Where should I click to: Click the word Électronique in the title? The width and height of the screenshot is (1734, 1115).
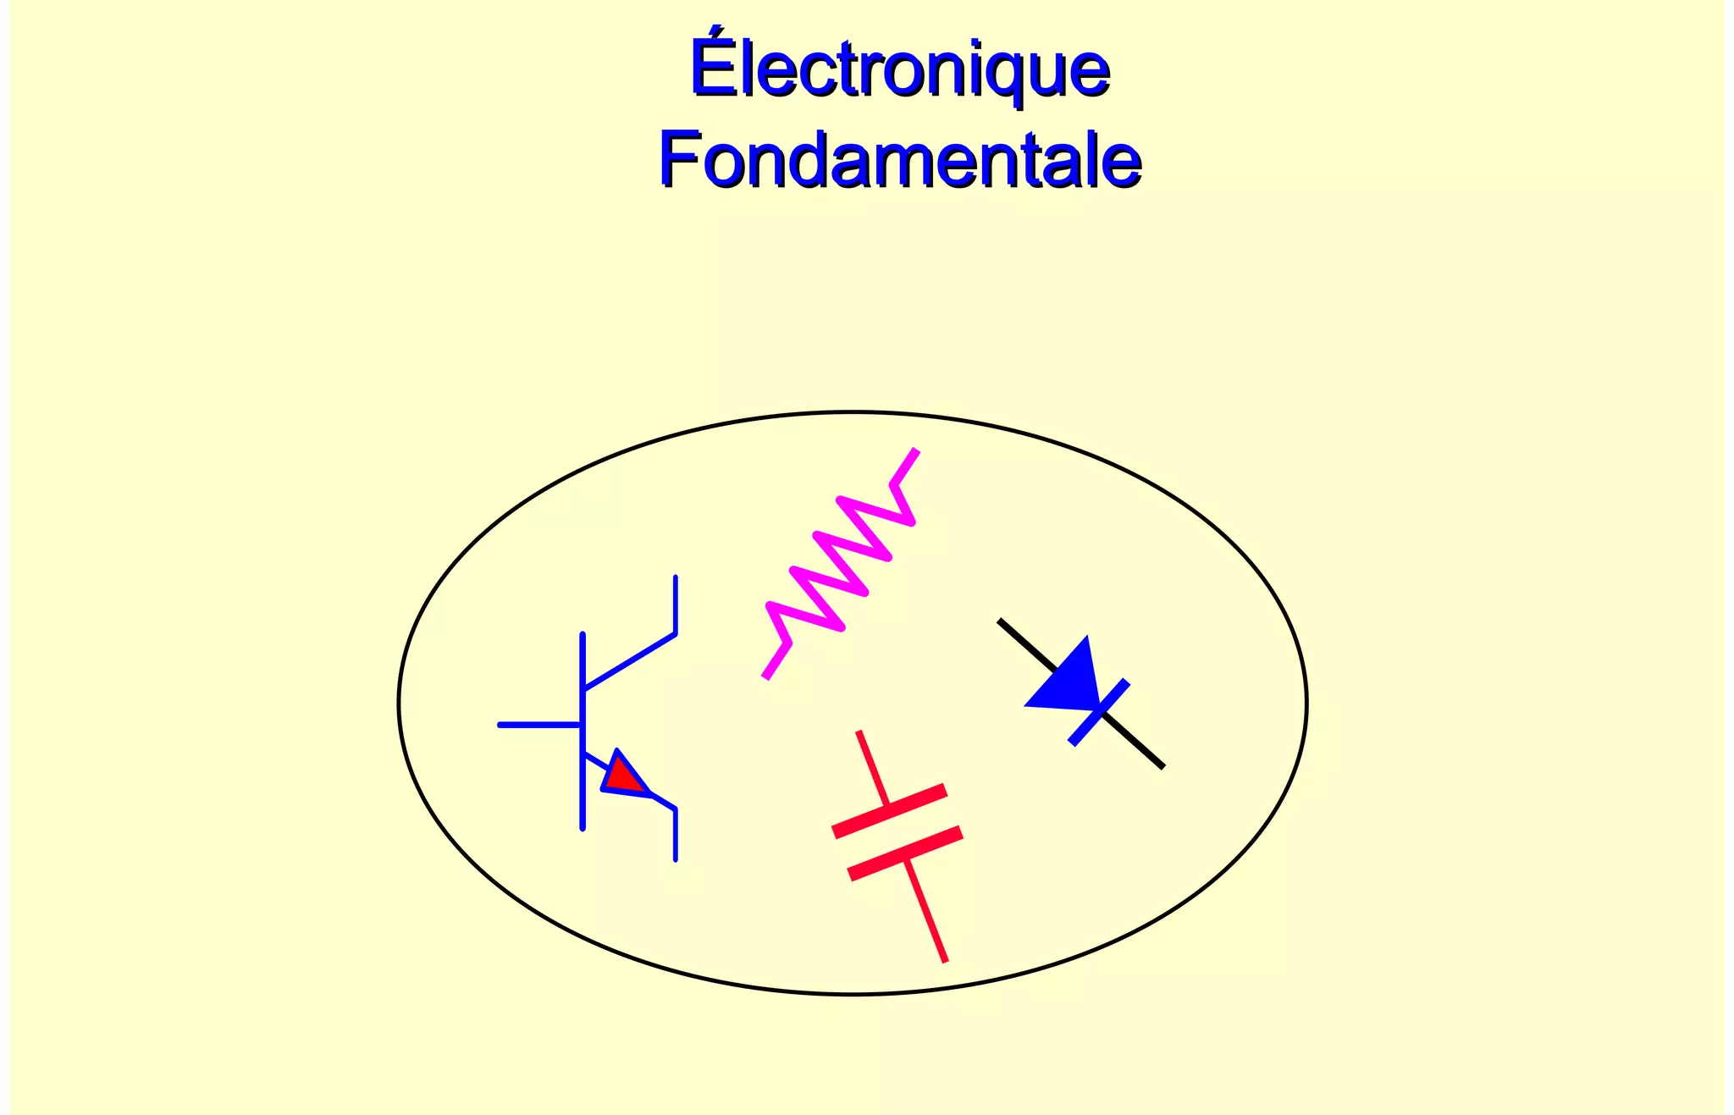tap(900, 68)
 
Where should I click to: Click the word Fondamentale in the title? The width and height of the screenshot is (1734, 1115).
tap(900, 159)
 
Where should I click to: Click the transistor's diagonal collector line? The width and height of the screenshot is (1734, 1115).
tap(629, 661)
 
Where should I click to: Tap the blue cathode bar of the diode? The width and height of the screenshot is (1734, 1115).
tap(1099, 712)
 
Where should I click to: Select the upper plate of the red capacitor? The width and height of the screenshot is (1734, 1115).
tap(889, 811)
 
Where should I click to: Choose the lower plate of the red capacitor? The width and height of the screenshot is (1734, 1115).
tap(905, 853)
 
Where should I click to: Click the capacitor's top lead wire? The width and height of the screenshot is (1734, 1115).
tap(872, 767)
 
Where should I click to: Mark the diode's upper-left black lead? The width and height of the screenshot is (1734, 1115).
tap(1024, 643)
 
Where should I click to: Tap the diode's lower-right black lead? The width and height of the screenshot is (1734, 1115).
tap(1135, 742)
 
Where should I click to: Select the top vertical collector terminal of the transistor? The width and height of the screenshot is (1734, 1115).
tap(675, 604)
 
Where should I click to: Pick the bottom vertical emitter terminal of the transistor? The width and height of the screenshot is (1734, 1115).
tap(675, 835)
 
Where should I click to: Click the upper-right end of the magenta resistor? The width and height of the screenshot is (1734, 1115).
tap(913, 455)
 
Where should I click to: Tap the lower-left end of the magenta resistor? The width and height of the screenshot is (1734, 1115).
tap(767, 674)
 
